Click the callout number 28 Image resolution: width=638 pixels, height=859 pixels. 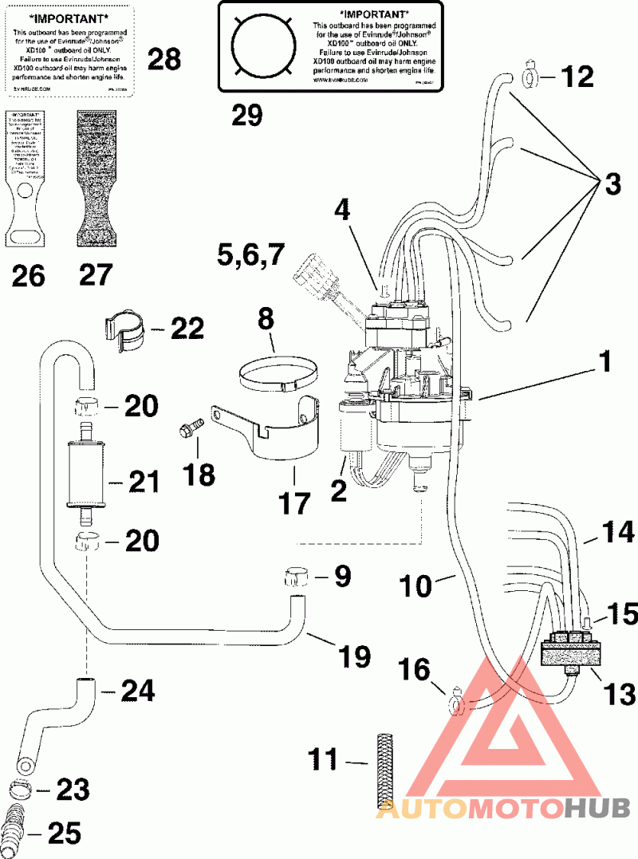[165, 58]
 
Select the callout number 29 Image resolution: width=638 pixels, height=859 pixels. [247, 116]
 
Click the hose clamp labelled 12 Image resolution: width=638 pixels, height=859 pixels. [532, 77]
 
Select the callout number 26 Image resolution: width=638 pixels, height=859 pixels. [28, 276]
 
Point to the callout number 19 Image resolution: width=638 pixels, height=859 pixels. [353, 656]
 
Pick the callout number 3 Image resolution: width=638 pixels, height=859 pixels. [612, 184]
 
